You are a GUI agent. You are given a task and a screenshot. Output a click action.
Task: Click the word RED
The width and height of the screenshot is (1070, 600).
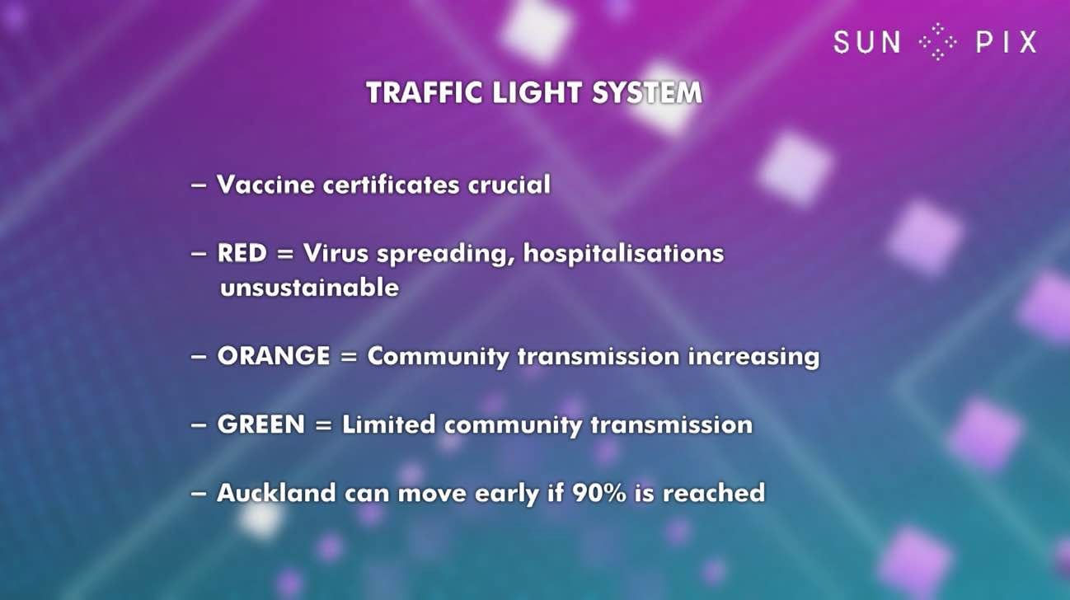[242, 253]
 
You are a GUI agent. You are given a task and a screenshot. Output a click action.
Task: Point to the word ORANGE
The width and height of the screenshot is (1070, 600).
[274, 356]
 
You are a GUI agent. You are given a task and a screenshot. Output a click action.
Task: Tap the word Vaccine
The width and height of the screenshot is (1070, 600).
[265, 185]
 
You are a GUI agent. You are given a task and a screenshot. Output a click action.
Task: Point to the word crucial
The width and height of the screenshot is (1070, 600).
[509, 185]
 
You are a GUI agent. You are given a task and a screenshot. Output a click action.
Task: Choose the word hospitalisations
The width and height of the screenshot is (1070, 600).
[623, 253]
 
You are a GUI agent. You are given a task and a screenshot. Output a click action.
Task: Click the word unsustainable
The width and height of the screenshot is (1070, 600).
[309, 288]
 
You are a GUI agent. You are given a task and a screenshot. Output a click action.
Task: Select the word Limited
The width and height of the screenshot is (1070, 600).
[388, 424]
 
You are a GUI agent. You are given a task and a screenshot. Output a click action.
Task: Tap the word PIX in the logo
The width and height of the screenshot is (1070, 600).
[1007, 42]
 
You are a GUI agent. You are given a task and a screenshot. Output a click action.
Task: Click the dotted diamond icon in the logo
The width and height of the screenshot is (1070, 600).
[938, 42]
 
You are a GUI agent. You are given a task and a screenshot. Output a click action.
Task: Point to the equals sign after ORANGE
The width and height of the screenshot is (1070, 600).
[349, 357]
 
